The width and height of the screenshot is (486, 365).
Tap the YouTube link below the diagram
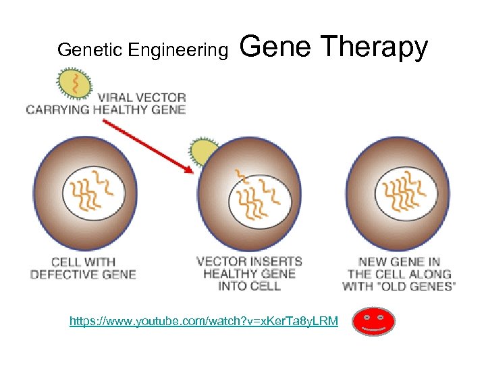coord(204,320)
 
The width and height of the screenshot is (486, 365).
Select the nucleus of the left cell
coord(94,190)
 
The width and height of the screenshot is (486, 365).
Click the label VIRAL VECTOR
coord(141,97)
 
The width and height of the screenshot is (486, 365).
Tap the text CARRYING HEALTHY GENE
coord(105,109)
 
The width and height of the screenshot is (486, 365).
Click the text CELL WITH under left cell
coord(83,262)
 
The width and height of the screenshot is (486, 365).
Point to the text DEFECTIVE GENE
coord(83,274)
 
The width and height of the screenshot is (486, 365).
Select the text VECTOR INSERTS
coord(249,262)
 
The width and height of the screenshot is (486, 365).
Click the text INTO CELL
coord(249,286)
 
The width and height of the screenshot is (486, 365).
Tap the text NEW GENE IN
coord(400,262)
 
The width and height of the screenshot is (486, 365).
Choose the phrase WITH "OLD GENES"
coord(400,286)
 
